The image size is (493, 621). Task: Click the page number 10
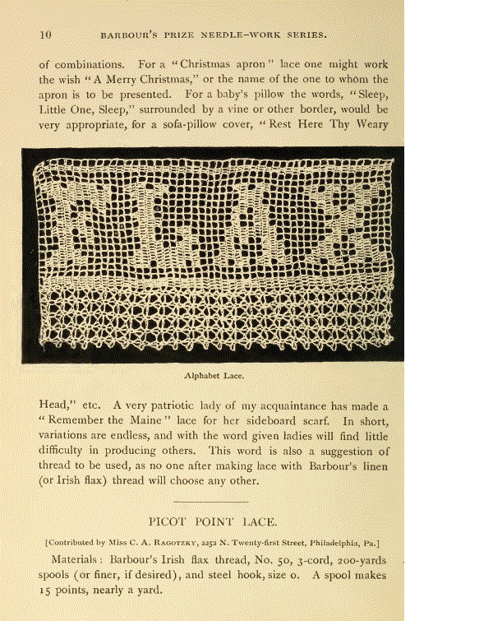45,35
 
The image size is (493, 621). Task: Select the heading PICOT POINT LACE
212,521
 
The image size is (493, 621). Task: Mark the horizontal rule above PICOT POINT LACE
212,501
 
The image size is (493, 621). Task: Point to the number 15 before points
46,591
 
